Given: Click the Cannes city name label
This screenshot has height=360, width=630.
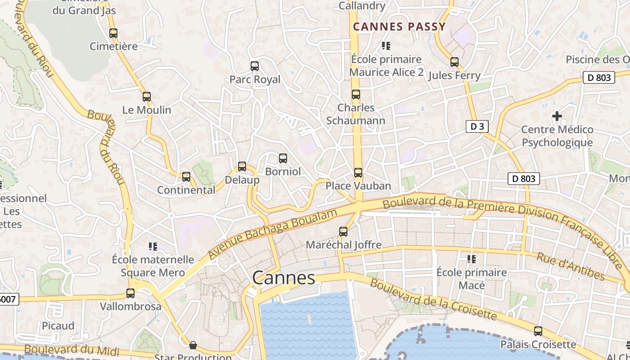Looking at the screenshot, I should coord(283,278).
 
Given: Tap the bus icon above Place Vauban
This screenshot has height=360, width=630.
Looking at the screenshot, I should coord(358,173).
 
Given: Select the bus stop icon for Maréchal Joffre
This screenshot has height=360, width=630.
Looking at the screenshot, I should coord(343,232).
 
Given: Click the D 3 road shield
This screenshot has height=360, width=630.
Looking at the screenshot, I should coord(477,126).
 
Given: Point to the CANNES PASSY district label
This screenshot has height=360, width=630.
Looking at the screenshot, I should coord(399,27).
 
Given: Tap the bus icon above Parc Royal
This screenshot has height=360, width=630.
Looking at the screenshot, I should coord(255,66).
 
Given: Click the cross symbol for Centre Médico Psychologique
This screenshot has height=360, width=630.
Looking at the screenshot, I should coord(557,116).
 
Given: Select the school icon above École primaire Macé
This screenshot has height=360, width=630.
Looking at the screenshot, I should coord(472,259).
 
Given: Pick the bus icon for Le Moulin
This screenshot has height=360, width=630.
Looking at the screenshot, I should coord(147,96).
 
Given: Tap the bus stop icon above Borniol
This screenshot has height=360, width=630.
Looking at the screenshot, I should coord(283,158).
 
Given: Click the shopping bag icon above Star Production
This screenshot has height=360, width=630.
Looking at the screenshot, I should coord(193,345).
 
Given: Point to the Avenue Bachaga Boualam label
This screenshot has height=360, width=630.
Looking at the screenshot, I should coord(272,234).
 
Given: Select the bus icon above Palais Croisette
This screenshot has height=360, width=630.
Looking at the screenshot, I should coord(538,331).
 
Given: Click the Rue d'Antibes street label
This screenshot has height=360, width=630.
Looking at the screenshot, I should coord(571,266).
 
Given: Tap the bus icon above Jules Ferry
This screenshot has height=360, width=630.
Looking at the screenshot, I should coord(454,62).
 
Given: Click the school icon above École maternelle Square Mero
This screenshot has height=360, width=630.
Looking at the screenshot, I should coord(153,246).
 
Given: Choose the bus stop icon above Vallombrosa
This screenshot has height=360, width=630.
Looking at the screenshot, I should coord(130,293).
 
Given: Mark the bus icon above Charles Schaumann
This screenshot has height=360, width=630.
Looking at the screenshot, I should coord(356,94).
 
